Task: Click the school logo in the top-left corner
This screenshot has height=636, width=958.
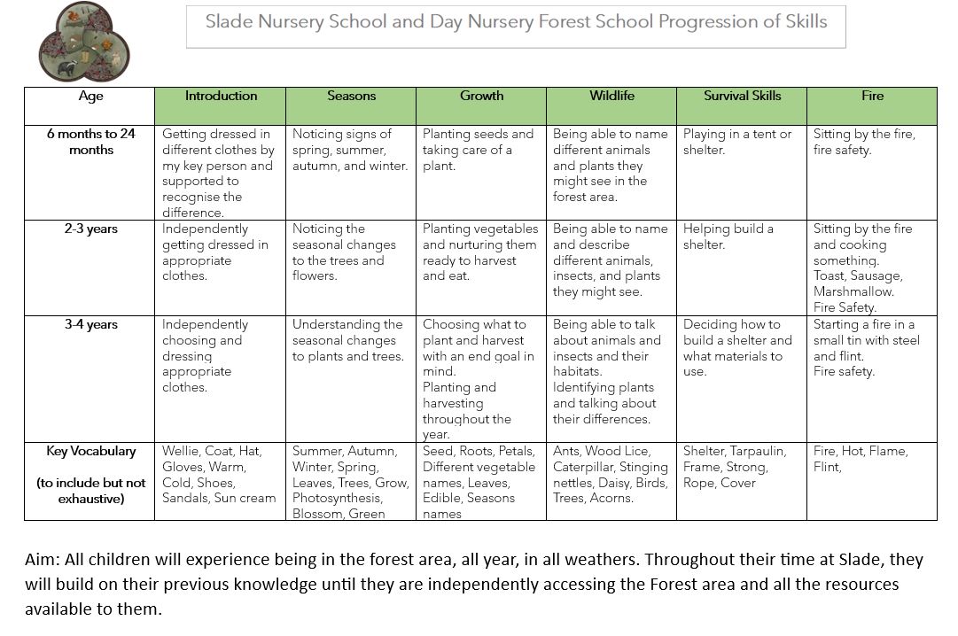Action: coord(84,42)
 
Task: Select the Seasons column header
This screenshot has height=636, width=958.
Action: coord(351,96)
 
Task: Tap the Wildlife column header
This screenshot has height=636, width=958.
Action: coord(611,96)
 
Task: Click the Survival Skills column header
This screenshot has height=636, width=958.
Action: coord(742,96)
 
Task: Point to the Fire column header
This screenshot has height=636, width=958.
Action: coord(872,96)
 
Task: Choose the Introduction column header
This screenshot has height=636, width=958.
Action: coord(221,96)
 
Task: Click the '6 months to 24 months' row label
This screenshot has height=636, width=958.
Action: coord(90,142)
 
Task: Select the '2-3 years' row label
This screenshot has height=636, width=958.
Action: coord(90,229)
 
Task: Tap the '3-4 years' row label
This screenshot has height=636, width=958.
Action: coord(90,324)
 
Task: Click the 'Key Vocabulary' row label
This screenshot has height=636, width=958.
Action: coord(90,451)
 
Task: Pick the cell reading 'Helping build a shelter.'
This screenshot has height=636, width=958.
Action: coord(728,237)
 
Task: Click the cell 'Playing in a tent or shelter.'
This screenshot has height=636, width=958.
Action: coord(736,142)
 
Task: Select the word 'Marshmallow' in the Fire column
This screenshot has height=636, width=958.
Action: coord(853,291)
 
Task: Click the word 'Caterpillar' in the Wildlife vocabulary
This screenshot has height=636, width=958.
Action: coord(586,467)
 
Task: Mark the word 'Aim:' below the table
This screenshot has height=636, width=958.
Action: coord(42,560)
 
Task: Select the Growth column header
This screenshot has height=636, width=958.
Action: coord(481,96)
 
